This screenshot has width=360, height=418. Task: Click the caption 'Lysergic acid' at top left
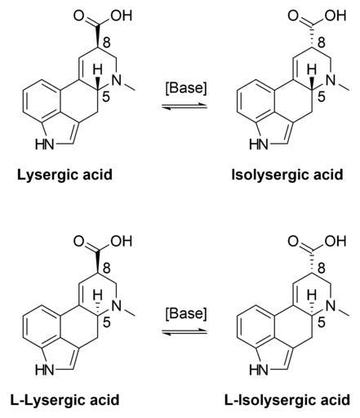(64, 175)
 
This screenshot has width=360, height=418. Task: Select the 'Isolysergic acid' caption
(287, 175)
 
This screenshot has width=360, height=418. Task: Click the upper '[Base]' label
(186, 88)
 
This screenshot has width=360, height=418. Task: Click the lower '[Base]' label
(186, 313)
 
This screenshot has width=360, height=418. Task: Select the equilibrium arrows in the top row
(184, 106)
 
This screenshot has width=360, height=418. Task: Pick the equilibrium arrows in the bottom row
(184, 332)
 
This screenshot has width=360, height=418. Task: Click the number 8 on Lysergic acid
(107, 42)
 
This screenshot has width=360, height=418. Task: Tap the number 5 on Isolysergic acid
(322, 97)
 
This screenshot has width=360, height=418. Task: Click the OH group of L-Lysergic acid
(122, 242)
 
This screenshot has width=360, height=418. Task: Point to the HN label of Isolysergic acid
(259, 145)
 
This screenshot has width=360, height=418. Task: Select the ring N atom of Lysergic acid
(117, 80)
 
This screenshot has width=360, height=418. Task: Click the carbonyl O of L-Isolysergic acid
(293, 242)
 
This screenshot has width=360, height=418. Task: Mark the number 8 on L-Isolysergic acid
(322, 269)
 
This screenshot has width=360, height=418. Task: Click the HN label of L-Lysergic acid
(45, 370)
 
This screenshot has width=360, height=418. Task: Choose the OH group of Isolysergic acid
(336, 16)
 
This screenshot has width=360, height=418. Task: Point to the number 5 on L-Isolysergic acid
(322, 322)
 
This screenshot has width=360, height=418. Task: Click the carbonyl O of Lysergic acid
(79, 16)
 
